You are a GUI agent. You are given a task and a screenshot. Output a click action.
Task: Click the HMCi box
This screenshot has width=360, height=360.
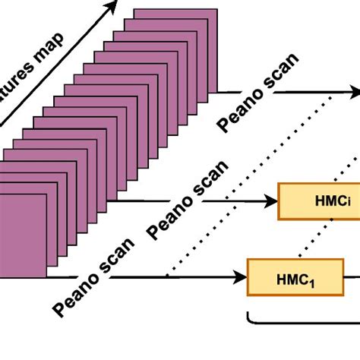[319, 201]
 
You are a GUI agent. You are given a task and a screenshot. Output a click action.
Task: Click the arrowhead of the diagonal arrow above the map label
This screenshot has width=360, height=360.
[112, 7]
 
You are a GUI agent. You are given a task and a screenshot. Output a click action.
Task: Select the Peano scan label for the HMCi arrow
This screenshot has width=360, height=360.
[189, 199]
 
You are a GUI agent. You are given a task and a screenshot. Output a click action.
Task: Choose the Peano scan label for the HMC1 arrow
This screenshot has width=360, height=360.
[96, 278]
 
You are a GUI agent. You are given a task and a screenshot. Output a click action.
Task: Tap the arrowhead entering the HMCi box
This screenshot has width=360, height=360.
[273, 201]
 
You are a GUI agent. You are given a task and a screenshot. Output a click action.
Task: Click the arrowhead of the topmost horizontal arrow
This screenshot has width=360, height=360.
[355, 93]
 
